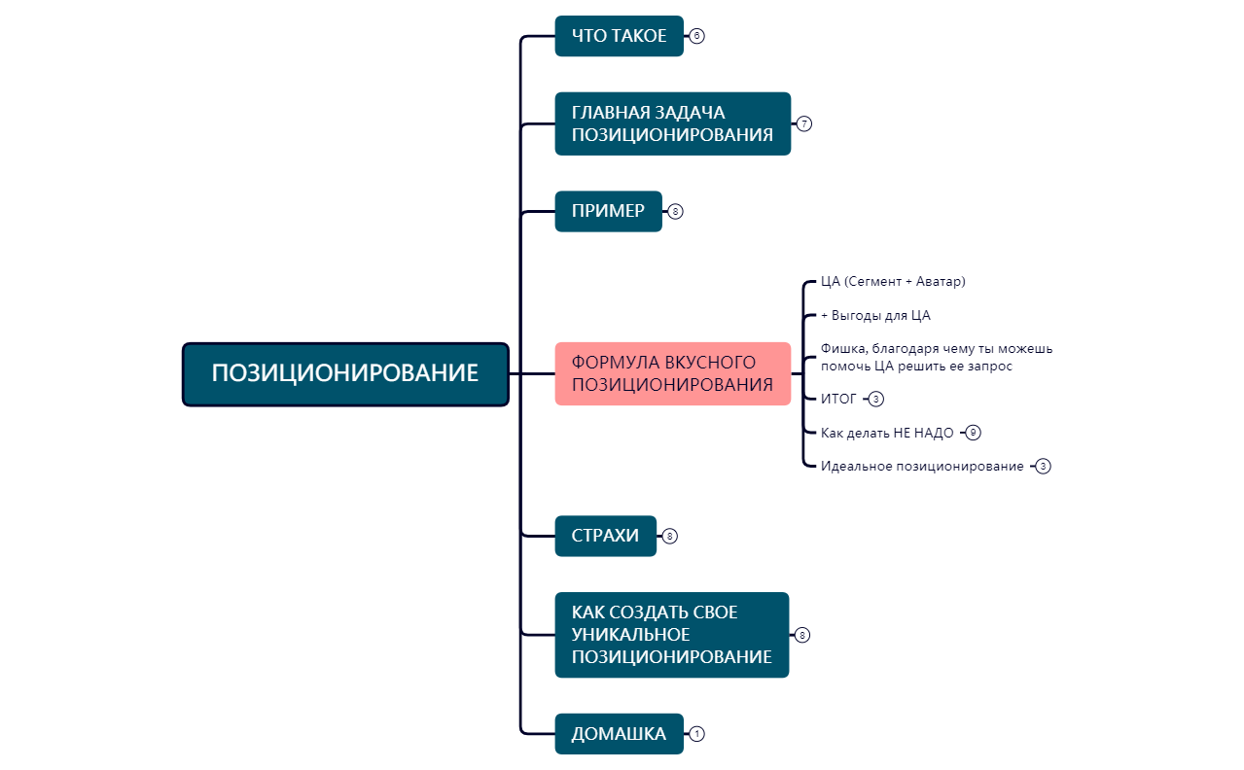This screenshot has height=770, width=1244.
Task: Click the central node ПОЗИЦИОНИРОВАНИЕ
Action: tap(345, 373)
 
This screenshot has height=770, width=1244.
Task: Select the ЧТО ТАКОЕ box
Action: tap(619, 36)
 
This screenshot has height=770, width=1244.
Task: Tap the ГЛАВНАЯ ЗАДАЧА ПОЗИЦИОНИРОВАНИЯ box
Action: tap(672, 123)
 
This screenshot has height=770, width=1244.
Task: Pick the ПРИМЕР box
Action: tap(608, 211)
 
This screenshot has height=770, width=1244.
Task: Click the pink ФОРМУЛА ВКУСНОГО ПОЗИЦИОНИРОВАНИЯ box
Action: tap(672, 373)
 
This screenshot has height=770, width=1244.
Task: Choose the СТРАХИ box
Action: tap(605, 536)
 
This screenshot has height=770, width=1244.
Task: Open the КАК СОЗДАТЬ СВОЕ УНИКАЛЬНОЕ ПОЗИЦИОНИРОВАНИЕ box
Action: tap(671, 635)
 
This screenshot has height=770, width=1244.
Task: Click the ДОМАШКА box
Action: tap(619, 734)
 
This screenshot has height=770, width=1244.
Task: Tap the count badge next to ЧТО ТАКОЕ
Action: tap(696, 36)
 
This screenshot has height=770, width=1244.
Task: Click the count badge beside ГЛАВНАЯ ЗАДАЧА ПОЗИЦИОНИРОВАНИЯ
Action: tap(803, 123)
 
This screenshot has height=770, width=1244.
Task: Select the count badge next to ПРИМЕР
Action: tap(676, 211)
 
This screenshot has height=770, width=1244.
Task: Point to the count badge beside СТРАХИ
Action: tap(669, 536)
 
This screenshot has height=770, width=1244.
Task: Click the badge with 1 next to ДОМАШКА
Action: tap(696, 734)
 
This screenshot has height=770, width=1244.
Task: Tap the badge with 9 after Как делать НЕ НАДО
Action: tap(974, 433)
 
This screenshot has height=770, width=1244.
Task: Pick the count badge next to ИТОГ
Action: tap(876, 399)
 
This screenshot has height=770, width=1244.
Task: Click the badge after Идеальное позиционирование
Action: tap(1044, 467)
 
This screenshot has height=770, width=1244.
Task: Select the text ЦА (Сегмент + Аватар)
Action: tap(893, 282)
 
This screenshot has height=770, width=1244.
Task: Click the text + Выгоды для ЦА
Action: tap(875, 316)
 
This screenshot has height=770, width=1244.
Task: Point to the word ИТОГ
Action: tap(838, 399)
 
